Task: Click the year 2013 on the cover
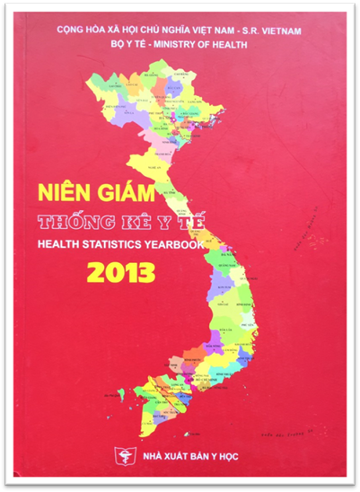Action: coord(122,269)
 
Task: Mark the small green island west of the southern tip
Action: coord(120,392)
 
